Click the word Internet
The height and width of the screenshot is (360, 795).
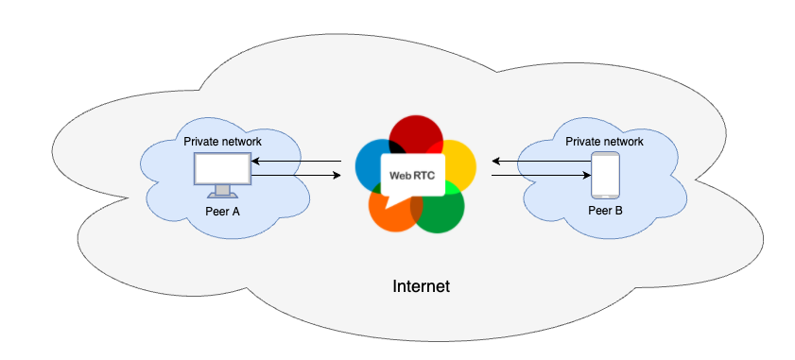coord(421,285)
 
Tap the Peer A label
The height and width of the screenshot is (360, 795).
coord(222,211)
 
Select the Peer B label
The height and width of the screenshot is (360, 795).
coord(605,211)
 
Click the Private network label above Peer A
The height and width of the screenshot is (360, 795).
coord(222,141)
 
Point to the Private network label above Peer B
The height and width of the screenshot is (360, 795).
coord(604,141)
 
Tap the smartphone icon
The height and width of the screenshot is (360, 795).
coord(605,175)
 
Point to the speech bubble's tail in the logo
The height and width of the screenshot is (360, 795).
coord(390,200)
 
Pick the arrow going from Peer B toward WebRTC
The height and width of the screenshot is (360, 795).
coord(539,163)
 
